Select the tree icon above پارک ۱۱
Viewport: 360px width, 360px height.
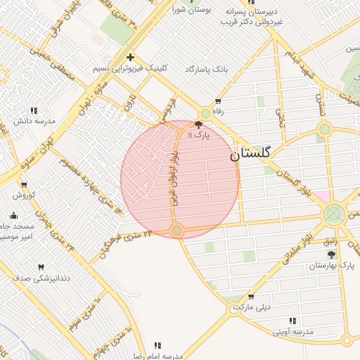(198, 123)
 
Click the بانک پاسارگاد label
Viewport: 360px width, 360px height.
(207, 69)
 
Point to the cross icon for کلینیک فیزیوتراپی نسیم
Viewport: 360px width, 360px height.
(129, 57)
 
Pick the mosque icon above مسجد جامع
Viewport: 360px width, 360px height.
(14, 215)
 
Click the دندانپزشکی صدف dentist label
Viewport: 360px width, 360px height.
(41, 278)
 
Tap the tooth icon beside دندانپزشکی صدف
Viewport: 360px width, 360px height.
(41, 267)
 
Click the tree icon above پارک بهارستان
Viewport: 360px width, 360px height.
(331, 255)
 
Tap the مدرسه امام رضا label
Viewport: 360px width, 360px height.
(160, 355)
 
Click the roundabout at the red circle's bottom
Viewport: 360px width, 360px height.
(177, 230)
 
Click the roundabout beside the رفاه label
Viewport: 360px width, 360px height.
(205, 112)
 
